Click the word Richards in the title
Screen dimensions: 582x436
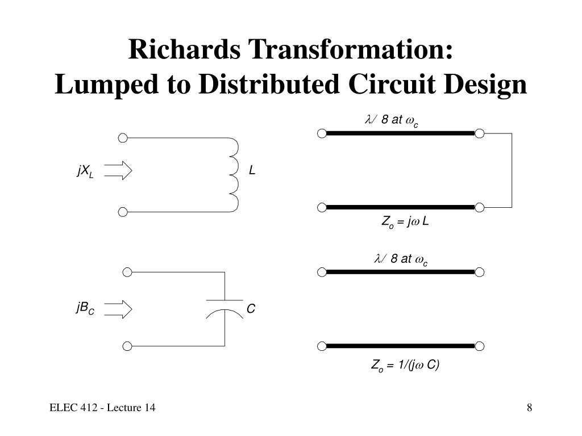pos(184,49)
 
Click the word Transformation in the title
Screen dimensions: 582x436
pos(350,49)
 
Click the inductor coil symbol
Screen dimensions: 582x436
pos(234,175)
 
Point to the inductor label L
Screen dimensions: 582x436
pos(252,170)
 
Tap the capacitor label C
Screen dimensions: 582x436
pos(251,308)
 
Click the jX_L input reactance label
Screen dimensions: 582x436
pos(85,171)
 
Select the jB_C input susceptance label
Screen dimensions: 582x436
pos(85,308)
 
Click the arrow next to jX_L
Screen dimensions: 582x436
pos(118,170)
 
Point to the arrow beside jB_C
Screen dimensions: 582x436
pos(118,309)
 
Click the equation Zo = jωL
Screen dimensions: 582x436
pos(405,222)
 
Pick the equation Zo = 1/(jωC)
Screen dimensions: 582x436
pos(405,366)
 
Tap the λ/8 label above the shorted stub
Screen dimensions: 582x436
pos(392,120)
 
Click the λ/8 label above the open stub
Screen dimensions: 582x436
pos(401,259)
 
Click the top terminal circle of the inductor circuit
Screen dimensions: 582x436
pos(123,138)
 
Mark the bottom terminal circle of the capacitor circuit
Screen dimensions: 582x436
pos(127,346)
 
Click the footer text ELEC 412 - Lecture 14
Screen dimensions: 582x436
pos(102,408)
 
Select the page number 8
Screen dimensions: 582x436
pos(529,408)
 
